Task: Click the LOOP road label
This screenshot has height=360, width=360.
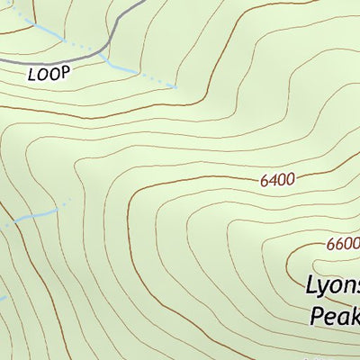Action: coord(49,74)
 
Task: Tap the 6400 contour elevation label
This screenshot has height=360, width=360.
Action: coord(277,180)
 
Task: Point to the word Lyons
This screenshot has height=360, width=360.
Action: coord(333,287)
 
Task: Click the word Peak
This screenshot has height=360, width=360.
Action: coord(335,316)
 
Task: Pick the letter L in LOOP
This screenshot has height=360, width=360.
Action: coord(32,74)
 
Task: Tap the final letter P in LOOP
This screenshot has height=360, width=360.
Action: coord(64,74)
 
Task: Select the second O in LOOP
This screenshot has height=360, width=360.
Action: coord(53,74)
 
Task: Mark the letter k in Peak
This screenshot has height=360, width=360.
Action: coord(355,316)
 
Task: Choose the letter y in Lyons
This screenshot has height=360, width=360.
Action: coord(325,290)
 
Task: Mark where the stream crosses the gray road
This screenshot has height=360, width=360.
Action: coord(102,51)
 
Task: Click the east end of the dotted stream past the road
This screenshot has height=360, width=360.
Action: coord(175,87)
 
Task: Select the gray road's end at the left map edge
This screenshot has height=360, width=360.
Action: coord(2,58)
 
